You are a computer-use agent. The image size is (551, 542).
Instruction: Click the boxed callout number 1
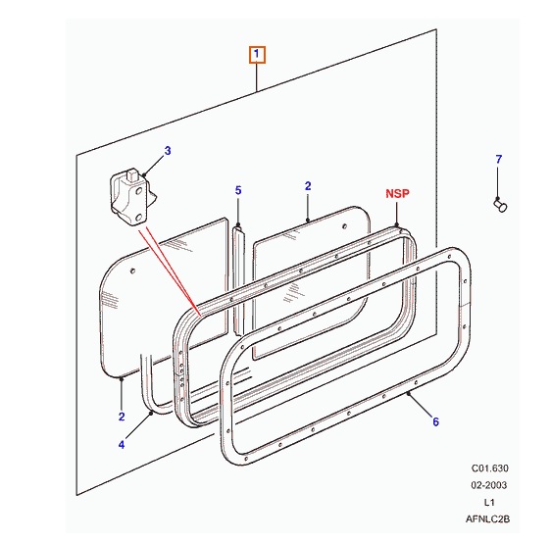(257, 55)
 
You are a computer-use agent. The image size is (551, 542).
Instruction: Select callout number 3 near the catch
(168, 151)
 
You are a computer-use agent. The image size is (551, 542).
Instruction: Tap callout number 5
(237, 190)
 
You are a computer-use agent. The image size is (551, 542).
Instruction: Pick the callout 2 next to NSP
(307, 185)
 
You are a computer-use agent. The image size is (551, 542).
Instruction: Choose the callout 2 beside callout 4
(122, 417)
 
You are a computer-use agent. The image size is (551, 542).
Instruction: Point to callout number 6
(434, 422)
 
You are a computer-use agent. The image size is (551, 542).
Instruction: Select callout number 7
(497, 159)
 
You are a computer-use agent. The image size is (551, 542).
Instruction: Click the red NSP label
(397, 195)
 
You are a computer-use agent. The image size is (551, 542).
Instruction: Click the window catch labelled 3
(130, 195)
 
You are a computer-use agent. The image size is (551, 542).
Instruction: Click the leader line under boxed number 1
(257, 78)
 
